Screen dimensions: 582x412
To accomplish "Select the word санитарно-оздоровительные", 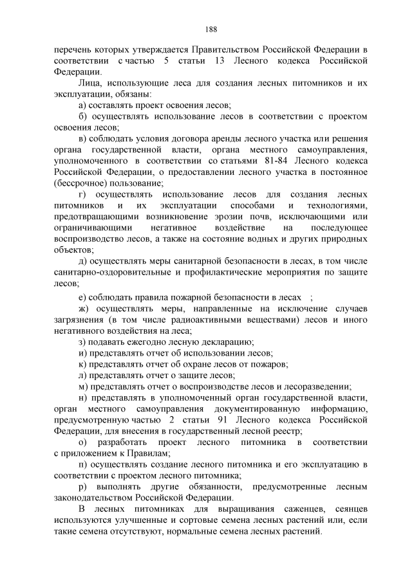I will coord(108,273).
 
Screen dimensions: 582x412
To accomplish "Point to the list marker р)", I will coord(82,487).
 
